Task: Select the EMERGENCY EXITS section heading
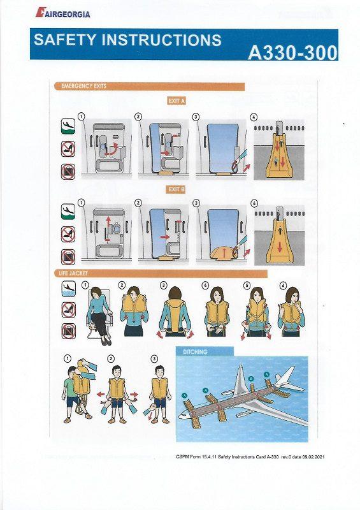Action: click(x=83, y=86)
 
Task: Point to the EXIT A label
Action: click(x=176, y=101)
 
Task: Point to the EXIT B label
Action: click(x=176, y=189)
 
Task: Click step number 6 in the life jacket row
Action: click(x=283, y=285)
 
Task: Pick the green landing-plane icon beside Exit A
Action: click(x=68, y=126)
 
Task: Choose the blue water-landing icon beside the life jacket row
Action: click(x=68, y=289)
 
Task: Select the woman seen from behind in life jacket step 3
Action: click(x=171, y=316)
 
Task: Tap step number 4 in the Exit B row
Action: click(x=254, y=203)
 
